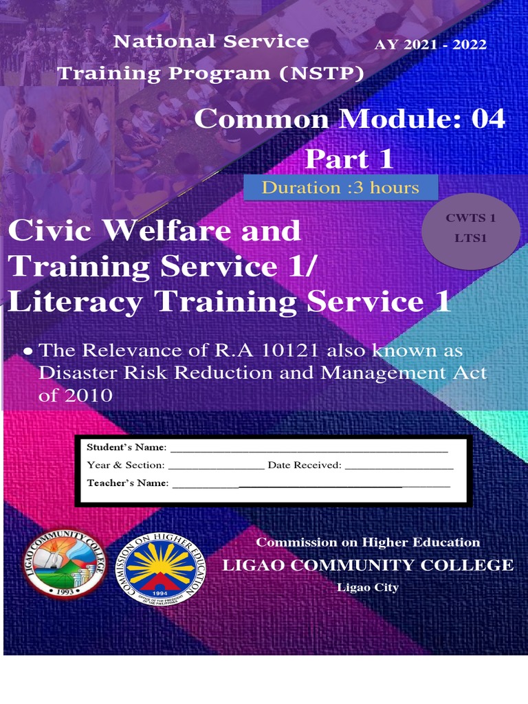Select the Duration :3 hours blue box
tap(341, 187)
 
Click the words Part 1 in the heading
tap(349, 159)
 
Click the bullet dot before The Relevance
tap(28, 351)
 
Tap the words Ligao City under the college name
tap(368, 587)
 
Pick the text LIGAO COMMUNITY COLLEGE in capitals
tap(367, 565)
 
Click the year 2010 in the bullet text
tap(87, 396)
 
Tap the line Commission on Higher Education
tap(368, 542)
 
